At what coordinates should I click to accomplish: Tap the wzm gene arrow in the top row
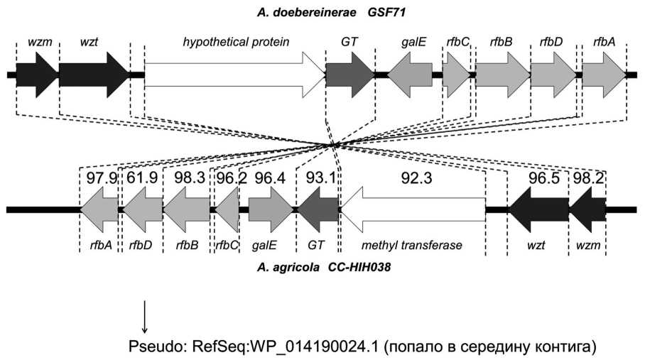36,75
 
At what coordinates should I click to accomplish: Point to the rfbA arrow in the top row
605,75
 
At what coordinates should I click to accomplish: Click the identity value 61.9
143,178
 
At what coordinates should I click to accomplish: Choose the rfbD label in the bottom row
141,245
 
